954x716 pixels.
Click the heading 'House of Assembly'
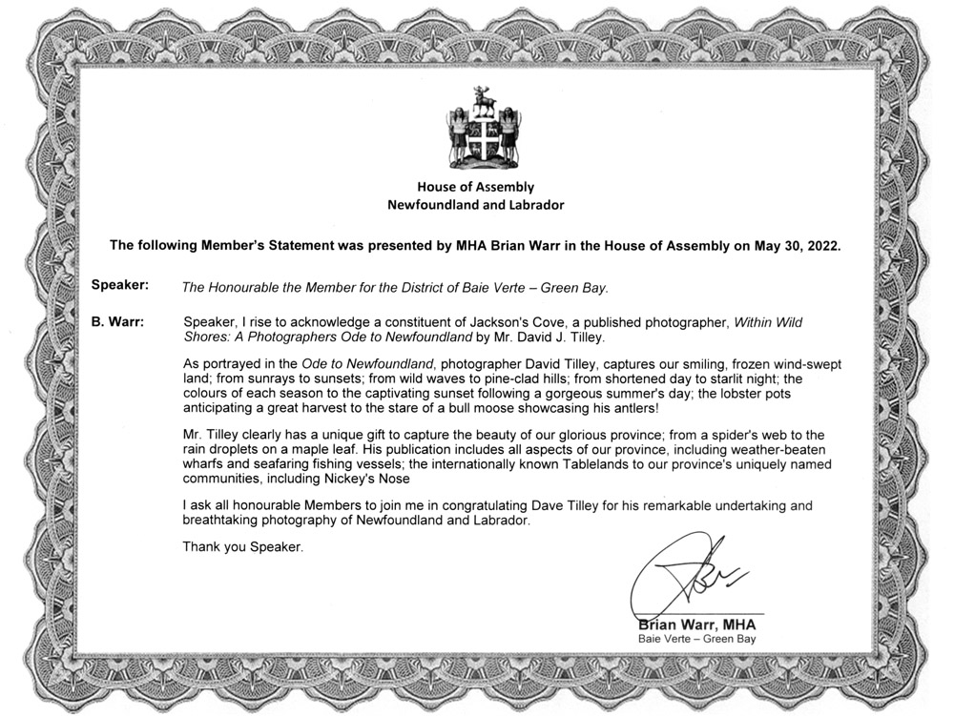pos(475,187)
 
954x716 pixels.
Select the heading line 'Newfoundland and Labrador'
pos(475,205)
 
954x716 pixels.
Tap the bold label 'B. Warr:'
pos(117,322)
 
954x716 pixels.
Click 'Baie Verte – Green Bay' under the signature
pos(696,639)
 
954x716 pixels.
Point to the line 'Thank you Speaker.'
pos(243,547)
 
